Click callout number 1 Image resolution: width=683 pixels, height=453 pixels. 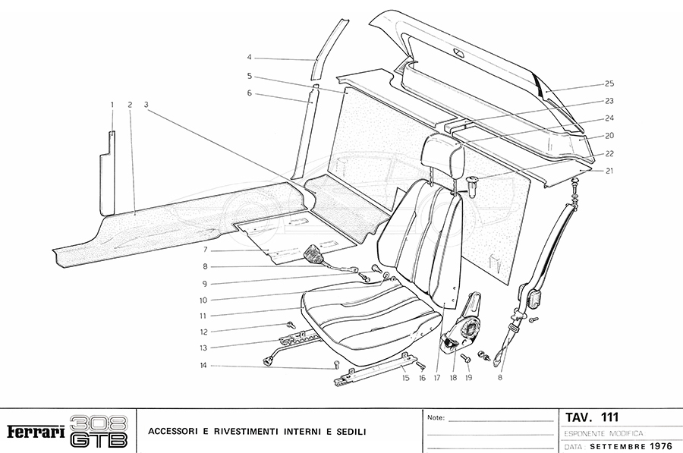112,104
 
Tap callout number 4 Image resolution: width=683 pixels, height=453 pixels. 249,57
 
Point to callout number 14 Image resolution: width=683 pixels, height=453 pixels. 203,366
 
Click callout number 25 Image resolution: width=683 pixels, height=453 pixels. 609,83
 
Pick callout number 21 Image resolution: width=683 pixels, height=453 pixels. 609,171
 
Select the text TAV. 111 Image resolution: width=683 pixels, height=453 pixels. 592,417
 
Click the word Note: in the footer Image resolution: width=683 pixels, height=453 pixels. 436,418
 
